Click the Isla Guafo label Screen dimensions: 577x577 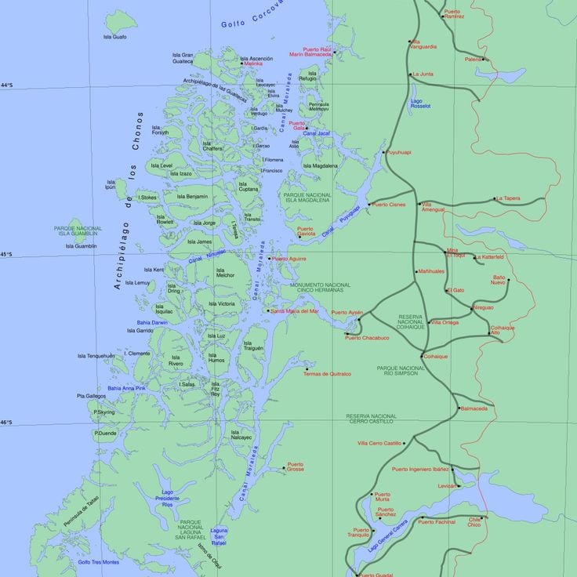(114, 37)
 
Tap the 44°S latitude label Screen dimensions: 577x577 (6, 85)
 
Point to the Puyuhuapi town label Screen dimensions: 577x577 (399, 152)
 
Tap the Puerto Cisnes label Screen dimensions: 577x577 (390, 205)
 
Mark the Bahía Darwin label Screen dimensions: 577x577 (152, 322)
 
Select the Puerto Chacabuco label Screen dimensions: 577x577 (367, 338)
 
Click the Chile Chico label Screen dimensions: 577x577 (475, 522)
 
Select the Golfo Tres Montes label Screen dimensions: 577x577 (99, 561)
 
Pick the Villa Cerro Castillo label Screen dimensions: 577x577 (379, 443)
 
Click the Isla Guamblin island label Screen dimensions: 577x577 (82, 246)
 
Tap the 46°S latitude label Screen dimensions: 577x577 (6, 423)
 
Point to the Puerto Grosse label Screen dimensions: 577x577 (296, 467)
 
